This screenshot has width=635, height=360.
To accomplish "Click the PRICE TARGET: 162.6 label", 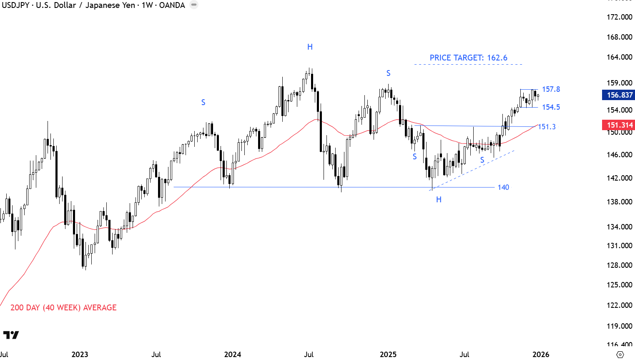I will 468,58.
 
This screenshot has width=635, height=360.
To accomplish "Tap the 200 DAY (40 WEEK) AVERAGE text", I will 63,308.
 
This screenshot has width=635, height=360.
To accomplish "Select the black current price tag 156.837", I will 619,95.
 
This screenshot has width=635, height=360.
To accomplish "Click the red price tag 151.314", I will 619,125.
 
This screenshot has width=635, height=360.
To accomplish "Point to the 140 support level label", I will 503,187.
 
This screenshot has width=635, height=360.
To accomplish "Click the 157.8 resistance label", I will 551,89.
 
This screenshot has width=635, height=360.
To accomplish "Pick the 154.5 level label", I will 551,107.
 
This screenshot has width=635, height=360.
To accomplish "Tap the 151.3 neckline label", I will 547,127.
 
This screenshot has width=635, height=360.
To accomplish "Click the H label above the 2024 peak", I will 310,47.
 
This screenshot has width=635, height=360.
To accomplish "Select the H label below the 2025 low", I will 439,200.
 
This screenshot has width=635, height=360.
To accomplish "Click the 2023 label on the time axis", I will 80,355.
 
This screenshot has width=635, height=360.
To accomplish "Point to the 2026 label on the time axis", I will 541,355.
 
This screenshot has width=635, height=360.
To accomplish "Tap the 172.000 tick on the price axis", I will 619,17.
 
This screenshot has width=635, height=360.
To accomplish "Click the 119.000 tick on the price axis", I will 619,326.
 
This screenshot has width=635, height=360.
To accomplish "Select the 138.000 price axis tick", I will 619,202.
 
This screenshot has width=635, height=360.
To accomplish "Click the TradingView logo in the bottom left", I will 11,335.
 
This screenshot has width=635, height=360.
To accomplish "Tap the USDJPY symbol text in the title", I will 15,5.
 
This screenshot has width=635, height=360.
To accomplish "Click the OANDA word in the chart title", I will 172,5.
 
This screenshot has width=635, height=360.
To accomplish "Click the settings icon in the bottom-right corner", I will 620,355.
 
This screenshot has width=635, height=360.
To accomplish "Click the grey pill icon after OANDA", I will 194,5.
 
